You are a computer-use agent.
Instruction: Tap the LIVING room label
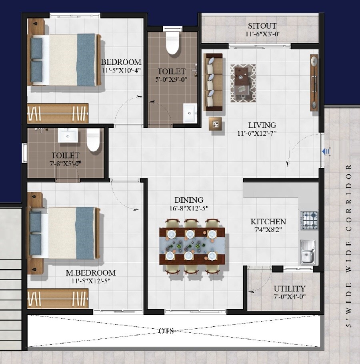[262, 125]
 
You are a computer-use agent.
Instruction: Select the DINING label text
[189, 200]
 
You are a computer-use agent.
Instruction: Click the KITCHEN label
[268, 221]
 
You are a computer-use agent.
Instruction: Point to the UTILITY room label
[290, 288]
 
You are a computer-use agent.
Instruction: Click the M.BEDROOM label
[90, 273]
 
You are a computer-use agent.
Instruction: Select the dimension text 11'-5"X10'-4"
[121, 70]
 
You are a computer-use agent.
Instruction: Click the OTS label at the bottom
[167, 331]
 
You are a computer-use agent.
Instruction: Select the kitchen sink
[308, 252]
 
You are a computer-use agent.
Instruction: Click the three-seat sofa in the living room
[213, 82]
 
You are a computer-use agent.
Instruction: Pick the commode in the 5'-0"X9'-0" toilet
[172, 42]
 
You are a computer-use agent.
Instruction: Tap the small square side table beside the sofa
[215, 124]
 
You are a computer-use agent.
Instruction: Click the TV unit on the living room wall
[314, 82]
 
